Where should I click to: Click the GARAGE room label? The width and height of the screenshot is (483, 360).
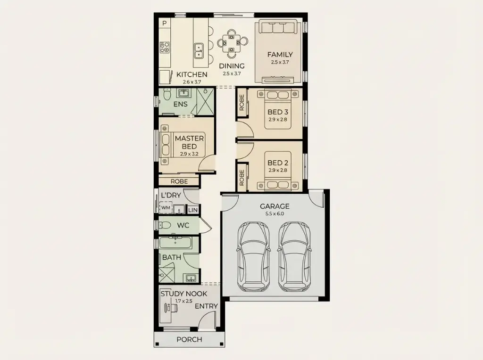point(275,206)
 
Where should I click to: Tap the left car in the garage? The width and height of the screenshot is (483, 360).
point(253,257)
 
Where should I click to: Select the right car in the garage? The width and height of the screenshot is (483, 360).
point(294,257)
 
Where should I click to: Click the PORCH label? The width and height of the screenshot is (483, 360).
point(189,339)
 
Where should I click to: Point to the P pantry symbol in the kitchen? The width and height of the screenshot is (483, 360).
point(165,23)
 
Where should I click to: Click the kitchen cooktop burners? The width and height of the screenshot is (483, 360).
point(165,47)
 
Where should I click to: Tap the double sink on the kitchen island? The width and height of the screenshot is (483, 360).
point(199,51)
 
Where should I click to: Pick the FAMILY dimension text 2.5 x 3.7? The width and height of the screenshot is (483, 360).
point(280,62)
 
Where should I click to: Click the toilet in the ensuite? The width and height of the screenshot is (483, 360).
point(167,94)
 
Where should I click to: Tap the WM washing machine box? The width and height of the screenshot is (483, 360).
point(166,207)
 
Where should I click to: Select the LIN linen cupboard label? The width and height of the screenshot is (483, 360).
point(193,210)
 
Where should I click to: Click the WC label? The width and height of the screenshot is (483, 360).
point(183,225)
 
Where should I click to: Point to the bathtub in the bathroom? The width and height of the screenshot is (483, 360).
point(175,243)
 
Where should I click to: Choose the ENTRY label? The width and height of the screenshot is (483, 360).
point(206,306)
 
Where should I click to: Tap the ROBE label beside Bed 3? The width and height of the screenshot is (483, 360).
point(242,102)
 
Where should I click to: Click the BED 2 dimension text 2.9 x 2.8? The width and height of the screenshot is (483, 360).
point(277,170)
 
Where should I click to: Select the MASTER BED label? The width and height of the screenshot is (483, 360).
point(189,142)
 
